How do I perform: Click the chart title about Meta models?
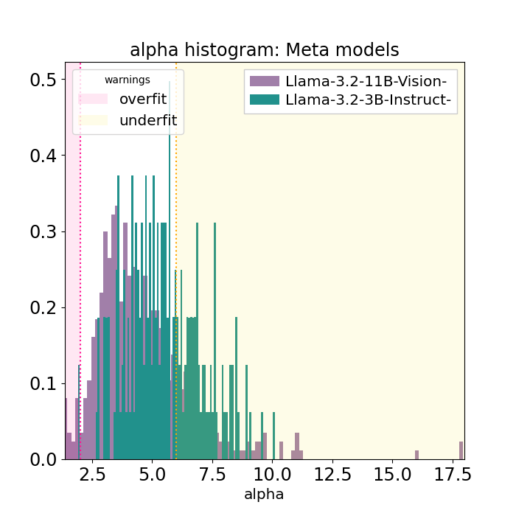pos(264,50)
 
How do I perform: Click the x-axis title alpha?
pos(264,495)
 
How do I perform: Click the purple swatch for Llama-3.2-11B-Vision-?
pos(265,81)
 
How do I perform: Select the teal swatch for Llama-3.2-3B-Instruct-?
pos(265,100)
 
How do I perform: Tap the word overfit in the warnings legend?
pos(143,99)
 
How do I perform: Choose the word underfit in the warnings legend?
pos(148,120)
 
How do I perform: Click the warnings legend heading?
pos(127,80)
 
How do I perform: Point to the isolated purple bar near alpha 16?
pos(416,455)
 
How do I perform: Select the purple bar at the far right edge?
pos(461,450)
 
